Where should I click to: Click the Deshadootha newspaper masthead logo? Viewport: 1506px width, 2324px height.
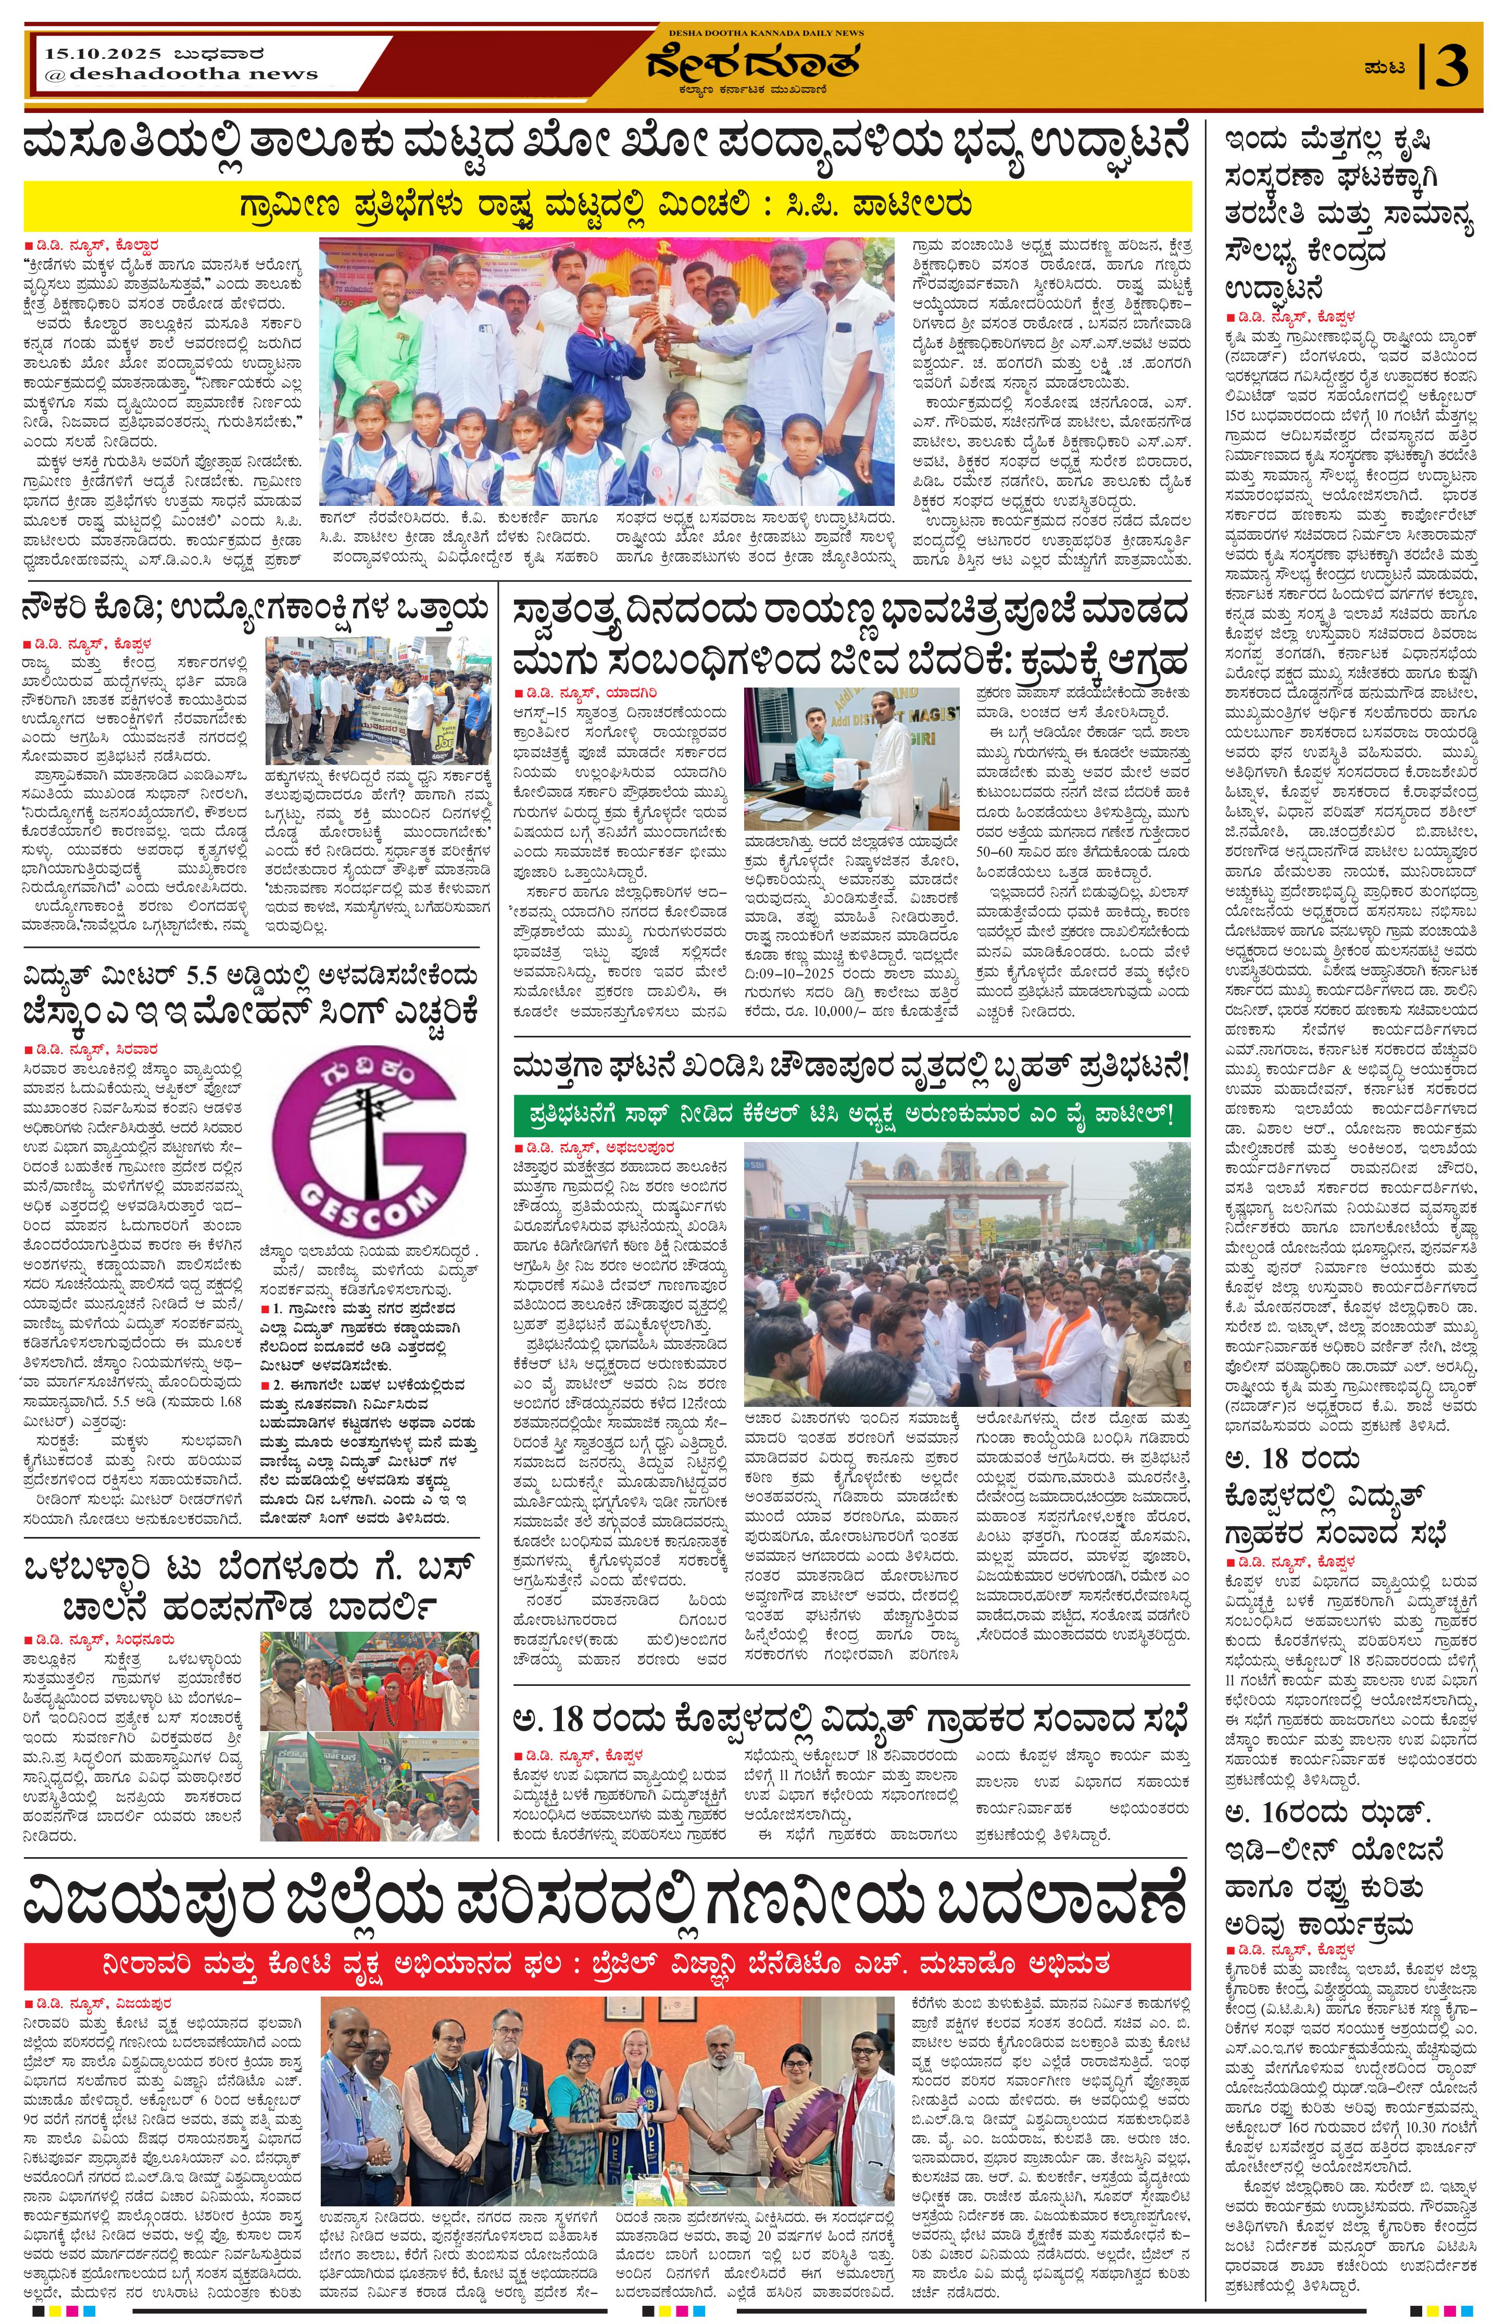point(752,64)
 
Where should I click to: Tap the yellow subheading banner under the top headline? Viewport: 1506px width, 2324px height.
point(608,206)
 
